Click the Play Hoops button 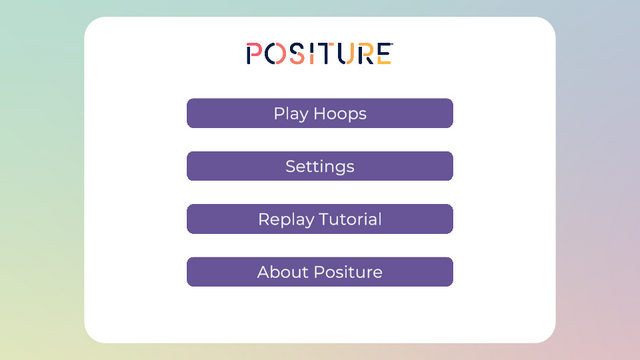click(320, 113)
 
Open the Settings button click(320, 166)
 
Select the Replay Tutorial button click(320, 219)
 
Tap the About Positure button click(320, 272)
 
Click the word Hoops click(340, 114)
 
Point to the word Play click(290, 114)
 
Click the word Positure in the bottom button click(348, 272)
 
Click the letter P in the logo click(254, 54)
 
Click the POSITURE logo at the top click(319, 54)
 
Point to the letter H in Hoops click(320, 114)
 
